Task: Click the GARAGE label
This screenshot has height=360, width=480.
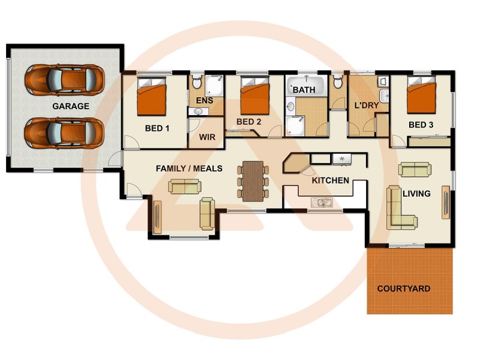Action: coord(70,106)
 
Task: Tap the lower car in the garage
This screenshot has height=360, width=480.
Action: coord(64,131)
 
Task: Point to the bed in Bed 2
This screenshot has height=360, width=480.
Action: coord(254,98)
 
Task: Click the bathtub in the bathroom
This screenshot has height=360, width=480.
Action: coord(306,86)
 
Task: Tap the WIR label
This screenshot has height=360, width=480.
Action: coord(207,137)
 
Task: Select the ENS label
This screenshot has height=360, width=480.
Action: coord(205,101)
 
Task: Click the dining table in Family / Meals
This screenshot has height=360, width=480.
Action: coord(252,180)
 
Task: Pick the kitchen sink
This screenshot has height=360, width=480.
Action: coord(324,203)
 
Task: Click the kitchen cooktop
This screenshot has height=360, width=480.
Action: coord(341,159)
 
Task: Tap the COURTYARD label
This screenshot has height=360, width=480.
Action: coord(403,289)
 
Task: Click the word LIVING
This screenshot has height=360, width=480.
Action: coord(416,193)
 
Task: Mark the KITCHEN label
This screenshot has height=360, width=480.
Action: coord(330,180)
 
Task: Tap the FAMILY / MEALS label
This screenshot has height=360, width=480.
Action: coord(188,169)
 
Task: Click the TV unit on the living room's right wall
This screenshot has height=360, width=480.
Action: coord(445,202)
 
